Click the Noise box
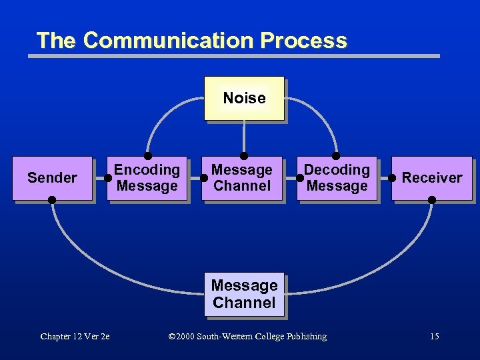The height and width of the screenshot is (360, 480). pyautogui.click(x=244, y=98)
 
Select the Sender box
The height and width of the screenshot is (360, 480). pyautogui.click(x=52, y=178)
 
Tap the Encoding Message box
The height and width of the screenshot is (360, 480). pyautogui.click(x=147, y=178)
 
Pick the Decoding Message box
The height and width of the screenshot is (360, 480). pyautogui.click(x=337, y=178)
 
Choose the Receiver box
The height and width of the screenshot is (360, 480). pyautogui.click(x=431, y=178)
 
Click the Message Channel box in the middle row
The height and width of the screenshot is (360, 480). pyautogui.click(x=242, y=178)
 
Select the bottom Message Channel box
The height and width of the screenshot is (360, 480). pyautogui.click(x=244, y=294)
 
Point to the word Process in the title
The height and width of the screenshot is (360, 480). pyautogui.click(x=304, y=41)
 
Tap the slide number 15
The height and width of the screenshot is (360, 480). pyautogui.click(x=435, y=337)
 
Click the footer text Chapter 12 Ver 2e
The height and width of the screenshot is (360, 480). pyautogui.click(x=75, y=337)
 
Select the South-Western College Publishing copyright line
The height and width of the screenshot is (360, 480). pyautogui.click(x=248, y=337)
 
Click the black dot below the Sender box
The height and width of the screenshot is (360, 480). pyautogui.click(x=52, y=200)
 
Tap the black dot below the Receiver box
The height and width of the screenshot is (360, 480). pyautogui.click(x=432, y=200)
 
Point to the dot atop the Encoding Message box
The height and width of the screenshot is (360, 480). pyautogui.click(x=148, y=156)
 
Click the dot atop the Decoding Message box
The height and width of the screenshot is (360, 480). pyautogui.click(x=336, y=156)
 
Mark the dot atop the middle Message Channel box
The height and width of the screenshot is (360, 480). pyautogui.click(x=244, y=156)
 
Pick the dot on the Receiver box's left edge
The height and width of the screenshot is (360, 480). pyautogui.click(x=393, y=178)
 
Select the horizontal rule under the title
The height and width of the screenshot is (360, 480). pyautogui.click(x=233, y=56)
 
